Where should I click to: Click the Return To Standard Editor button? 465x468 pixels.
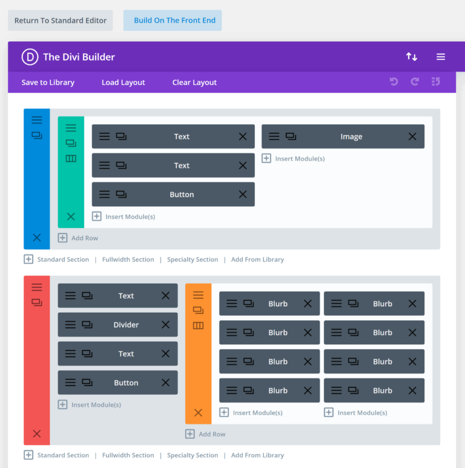pos(60,20)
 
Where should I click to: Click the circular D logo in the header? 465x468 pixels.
pos(30,57)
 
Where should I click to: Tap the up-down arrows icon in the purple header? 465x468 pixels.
pos(412,57)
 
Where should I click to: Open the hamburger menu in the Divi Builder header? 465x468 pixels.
pos(441,57)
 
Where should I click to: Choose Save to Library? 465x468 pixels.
pos(48,82)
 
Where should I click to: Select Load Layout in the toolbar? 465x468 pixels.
pos(124,82)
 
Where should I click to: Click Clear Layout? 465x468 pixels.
pos(194,82)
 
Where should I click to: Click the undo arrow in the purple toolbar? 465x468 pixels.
pos(394,82)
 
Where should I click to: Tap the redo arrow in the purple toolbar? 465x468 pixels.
pos(415,82)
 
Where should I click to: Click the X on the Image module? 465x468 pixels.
pos(412,136)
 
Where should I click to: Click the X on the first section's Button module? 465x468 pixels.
pos(243,195)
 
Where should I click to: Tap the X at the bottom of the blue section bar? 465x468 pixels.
pos(37,238)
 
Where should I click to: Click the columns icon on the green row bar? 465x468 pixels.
pos(71,159)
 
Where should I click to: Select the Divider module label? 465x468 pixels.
pos(126,325)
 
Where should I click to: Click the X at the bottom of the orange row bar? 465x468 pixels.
pos(198,413)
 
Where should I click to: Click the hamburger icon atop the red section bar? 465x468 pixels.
pos(37,287)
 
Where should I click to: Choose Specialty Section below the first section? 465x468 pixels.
pos(193,259)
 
